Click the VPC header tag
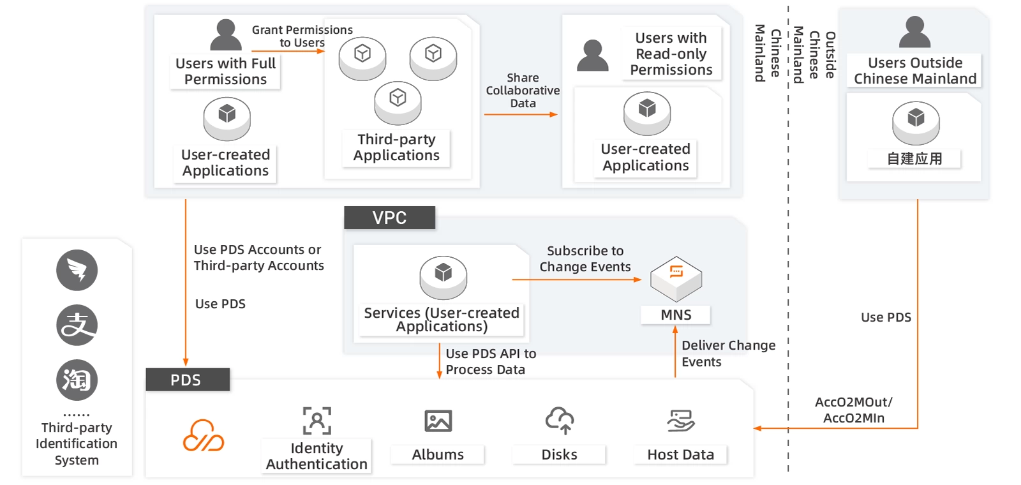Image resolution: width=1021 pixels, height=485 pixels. (389, 218)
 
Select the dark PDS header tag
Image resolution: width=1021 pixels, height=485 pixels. (187, 380)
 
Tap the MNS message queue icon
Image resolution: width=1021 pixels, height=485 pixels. (676, 278)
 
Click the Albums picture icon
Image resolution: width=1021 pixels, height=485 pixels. (438, 421)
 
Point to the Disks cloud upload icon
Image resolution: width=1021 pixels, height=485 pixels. (560, 421)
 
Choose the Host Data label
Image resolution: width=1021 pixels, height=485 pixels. (680, 454)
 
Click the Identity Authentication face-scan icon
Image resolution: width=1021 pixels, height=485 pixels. (317, 421)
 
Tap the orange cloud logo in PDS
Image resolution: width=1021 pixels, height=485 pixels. (204, 435)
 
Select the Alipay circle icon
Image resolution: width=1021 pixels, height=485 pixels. (77, 325)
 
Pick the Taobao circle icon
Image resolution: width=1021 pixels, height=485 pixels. (77, 380)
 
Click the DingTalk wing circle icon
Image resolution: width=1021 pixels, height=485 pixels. (77, 270)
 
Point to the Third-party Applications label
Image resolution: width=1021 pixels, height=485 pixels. (396, 147)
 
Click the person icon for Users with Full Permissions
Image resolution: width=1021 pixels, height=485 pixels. (226, 35)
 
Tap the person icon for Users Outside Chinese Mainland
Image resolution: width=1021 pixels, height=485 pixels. (914, 33)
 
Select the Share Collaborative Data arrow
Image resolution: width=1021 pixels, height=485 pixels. (520, 115)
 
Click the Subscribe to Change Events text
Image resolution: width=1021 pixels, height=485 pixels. (585, 258)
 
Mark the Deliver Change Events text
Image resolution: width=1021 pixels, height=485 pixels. (728, 354)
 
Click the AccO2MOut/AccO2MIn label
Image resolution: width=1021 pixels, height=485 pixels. (853, 410)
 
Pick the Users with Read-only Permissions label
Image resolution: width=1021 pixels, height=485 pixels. (671, 54)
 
